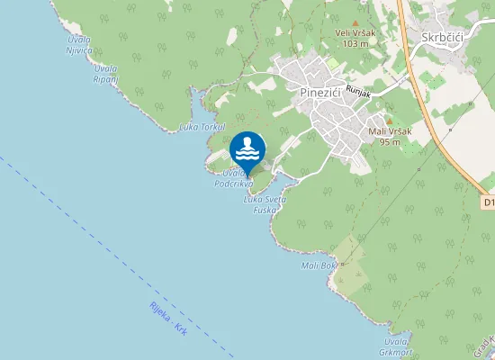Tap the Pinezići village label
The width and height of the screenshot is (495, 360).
coord(325,92)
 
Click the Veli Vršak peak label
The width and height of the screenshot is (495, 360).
coord(355,33)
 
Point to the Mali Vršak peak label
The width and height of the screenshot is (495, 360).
coord(390,131)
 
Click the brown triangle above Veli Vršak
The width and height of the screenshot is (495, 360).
coord(355,23)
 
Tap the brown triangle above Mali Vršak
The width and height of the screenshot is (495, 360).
coord(389,121)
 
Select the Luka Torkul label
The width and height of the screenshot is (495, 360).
coord(201,127)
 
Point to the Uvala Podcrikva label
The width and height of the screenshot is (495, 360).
coord(233,178)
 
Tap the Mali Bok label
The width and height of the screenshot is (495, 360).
coord(319,265)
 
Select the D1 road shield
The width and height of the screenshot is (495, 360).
coord(488,203)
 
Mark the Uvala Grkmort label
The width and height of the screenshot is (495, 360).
coord(397,346)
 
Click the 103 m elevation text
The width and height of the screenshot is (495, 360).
coord(355,43)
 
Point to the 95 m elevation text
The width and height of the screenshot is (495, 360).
coord(390,141)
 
